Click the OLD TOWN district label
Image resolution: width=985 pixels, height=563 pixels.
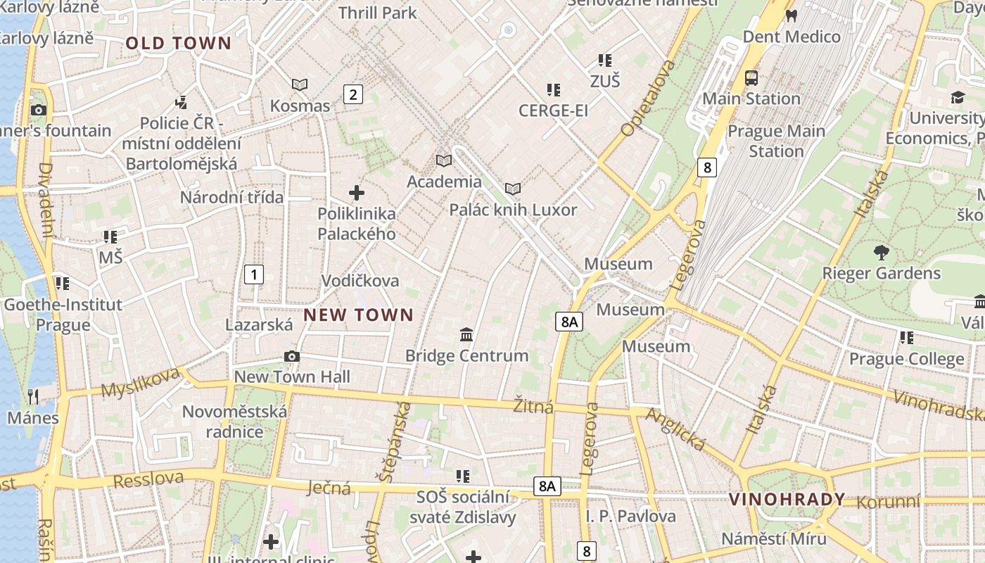click(x=178, y=44)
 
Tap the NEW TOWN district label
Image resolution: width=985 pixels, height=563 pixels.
click(x=358, y=315)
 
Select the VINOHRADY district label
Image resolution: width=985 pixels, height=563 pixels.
click(x=787, y=500)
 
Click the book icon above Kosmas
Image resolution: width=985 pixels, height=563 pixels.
click(x=300, y=85)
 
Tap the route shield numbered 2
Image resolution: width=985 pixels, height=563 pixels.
click(x=352, y=94)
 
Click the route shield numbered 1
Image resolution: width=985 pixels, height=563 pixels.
click(x=253, y=274)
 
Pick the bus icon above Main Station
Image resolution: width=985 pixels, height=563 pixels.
click(x=751, y=77)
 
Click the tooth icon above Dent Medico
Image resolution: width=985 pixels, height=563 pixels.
click(x=791, y=15)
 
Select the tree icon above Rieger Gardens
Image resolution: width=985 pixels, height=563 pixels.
click(x=881, y=252)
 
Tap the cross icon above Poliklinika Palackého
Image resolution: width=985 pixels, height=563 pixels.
click(x=357, y=192)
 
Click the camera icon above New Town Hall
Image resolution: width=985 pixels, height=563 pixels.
click(x=292, y=357)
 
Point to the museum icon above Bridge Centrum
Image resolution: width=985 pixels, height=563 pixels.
click(x=466, y=335)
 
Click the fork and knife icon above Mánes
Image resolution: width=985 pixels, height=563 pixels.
click(x=32, y=397)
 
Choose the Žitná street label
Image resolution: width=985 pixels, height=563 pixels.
click(x=533, y=406)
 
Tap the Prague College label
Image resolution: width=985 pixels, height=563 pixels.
click(x=906, y=359)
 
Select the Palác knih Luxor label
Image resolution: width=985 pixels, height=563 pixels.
click(x=513, y=210)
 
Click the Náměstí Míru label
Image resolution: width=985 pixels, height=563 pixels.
click(x=773, y=539)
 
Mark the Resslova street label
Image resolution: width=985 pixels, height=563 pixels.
click(x=148, y=480)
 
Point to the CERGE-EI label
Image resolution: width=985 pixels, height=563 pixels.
click(x=553, y=110)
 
